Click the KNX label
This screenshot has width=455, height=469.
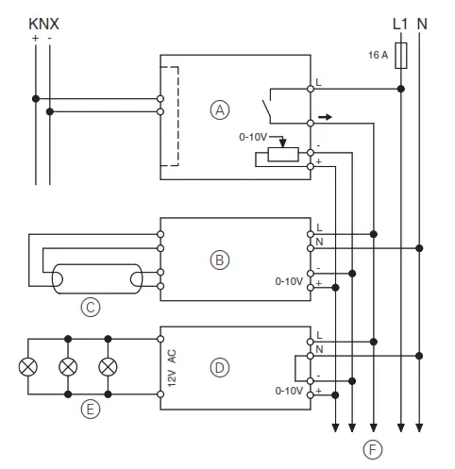point(44,22)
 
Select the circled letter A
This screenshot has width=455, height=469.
point(220,109)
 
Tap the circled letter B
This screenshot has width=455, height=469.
point(220,259)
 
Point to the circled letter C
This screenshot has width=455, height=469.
point(91,307)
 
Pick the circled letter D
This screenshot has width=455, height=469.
point(220,367)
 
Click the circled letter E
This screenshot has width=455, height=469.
point(91,410)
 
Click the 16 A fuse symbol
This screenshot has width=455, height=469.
point(403,57)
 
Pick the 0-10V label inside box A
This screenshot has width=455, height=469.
point(254,137)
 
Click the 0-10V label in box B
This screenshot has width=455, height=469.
point(289,281)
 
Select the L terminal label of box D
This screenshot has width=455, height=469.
point(319,335)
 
